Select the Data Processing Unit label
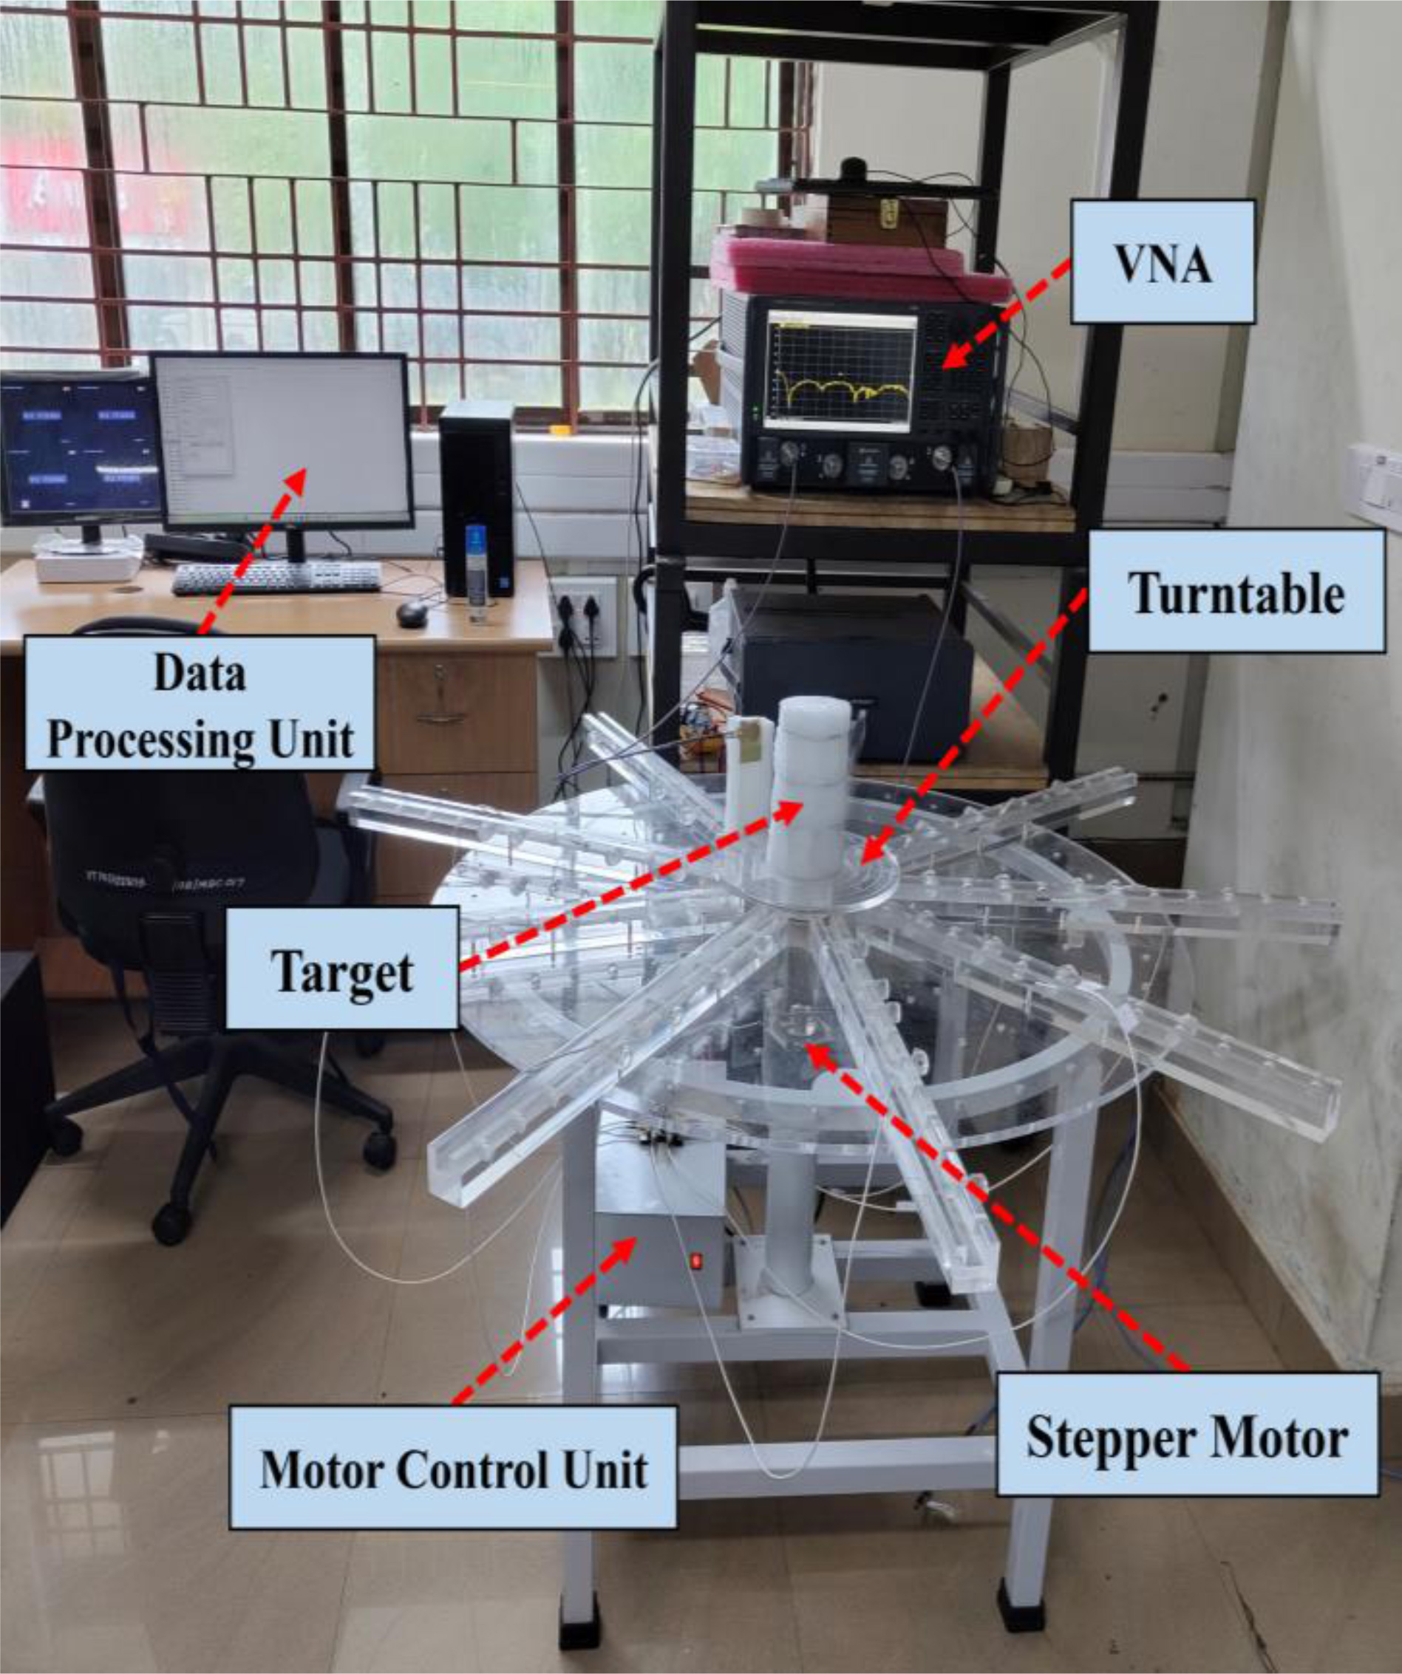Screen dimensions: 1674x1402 click(200, 703)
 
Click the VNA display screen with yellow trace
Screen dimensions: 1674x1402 click(840, 367)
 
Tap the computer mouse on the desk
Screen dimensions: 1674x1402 click(412, 612)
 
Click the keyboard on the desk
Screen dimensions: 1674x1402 click(276, 578)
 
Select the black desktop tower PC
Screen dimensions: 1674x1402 click(477, 498)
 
